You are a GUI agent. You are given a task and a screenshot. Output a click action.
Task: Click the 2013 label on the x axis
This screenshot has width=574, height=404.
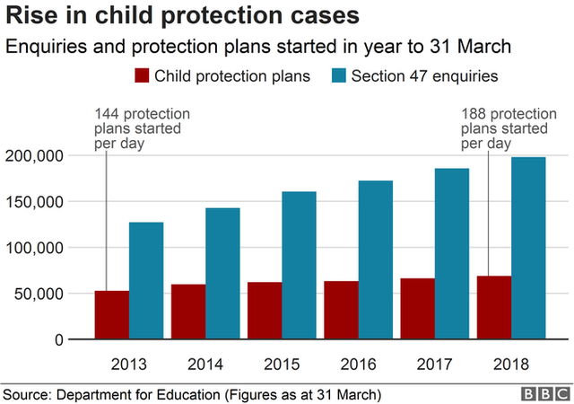(x=128, y=364)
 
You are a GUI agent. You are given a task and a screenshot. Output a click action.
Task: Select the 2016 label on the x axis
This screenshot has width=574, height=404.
(x=358, y=364)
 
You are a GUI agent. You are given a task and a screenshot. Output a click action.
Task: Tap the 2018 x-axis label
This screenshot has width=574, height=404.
(x=510, y=364)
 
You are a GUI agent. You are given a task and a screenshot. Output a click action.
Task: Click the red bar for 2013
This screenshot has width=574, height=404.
(x=111, y=315)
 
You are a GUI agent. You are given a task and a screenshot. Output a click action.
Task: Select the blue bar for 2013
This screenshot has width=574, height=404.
(x=145, y=280)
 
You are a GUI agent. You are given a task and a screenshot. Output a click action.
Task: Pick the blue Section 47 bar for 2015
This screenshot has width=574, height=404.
(x=299, y=265)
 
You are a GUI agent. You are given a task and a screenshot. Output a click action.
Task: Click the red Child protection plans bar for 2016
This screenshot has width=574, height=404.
(x=341, y=310)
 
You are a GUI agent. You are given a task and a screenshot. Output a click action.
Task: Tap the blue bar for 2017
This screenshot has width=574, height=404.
(x=452, y=253)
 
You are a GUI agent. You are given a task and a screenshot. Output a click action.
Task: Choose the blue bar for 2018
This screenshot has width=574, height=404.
(x=528, y=248)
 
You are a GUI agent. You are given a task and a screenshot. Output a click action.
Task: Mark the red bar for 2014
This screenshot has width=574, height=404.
(x=187, y=312)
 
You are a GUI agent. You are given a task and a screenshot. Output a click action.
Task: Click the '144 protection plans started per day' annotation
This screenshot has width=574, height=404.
(x=142, y=127)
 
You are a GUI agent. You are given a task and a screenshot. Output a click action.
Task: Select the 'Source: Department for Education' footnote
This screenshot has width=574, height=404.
(x=192, y=393)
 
